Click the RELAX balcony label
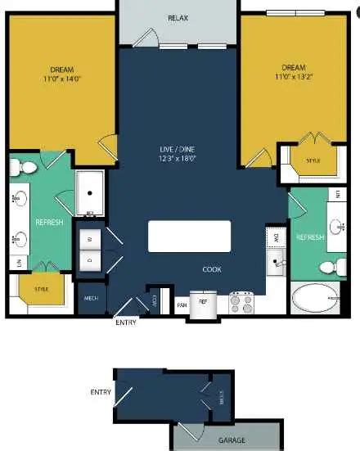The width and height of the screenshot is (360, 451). click(178, 18)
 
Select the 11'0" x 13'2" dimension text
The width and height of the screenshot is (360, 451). click(293, 77)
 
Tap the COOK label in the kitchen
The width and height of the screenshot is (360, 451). click(213, 269)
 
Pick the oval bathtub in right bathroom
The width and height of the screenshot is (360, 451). click(314, 299)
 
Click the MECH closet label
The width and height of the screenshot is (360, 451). click(92, 298)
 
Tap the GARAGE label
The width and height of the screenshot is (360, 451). click(232, 440)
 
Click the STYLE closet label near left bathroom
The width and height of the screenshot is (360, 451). click(41, 289)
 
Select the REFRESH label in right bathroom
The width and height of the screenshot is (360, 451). click(311, 237)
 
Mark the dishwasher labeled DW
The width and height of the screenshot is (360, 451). click(276, 237)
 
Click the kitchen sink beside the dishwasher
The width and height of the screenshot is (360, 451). click(276, 262)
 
